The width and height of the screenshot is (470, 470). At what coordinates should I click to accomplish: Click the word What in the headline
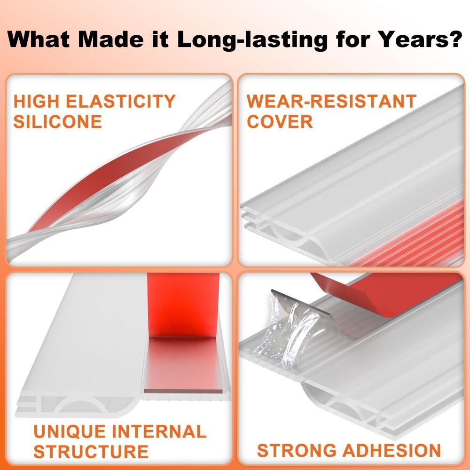click(39, 39)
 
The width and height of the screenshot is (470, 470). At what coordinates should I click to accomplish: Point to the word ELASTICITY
click(120, 102)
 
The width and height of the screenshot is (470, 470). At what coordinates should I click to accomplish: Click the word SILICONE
click(57, 122)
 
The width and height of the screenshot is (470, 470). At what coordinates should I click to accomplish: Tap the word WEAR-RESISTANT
click(331, 102)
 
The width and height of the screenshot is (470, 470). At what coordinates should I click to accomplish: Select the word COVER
click(280, 122)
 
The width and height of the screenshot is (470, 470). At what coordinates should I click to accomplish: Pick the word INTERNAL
click(159, 431)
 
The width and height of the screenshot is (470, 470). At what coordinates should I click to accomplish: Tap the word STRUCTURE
click(91, 452)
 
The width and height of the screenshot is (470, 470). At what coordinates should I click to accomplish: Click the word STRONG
click(297, 450)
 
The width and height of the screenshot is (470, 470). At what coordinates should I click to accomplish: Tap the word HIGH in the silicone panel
click(36, 102)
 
